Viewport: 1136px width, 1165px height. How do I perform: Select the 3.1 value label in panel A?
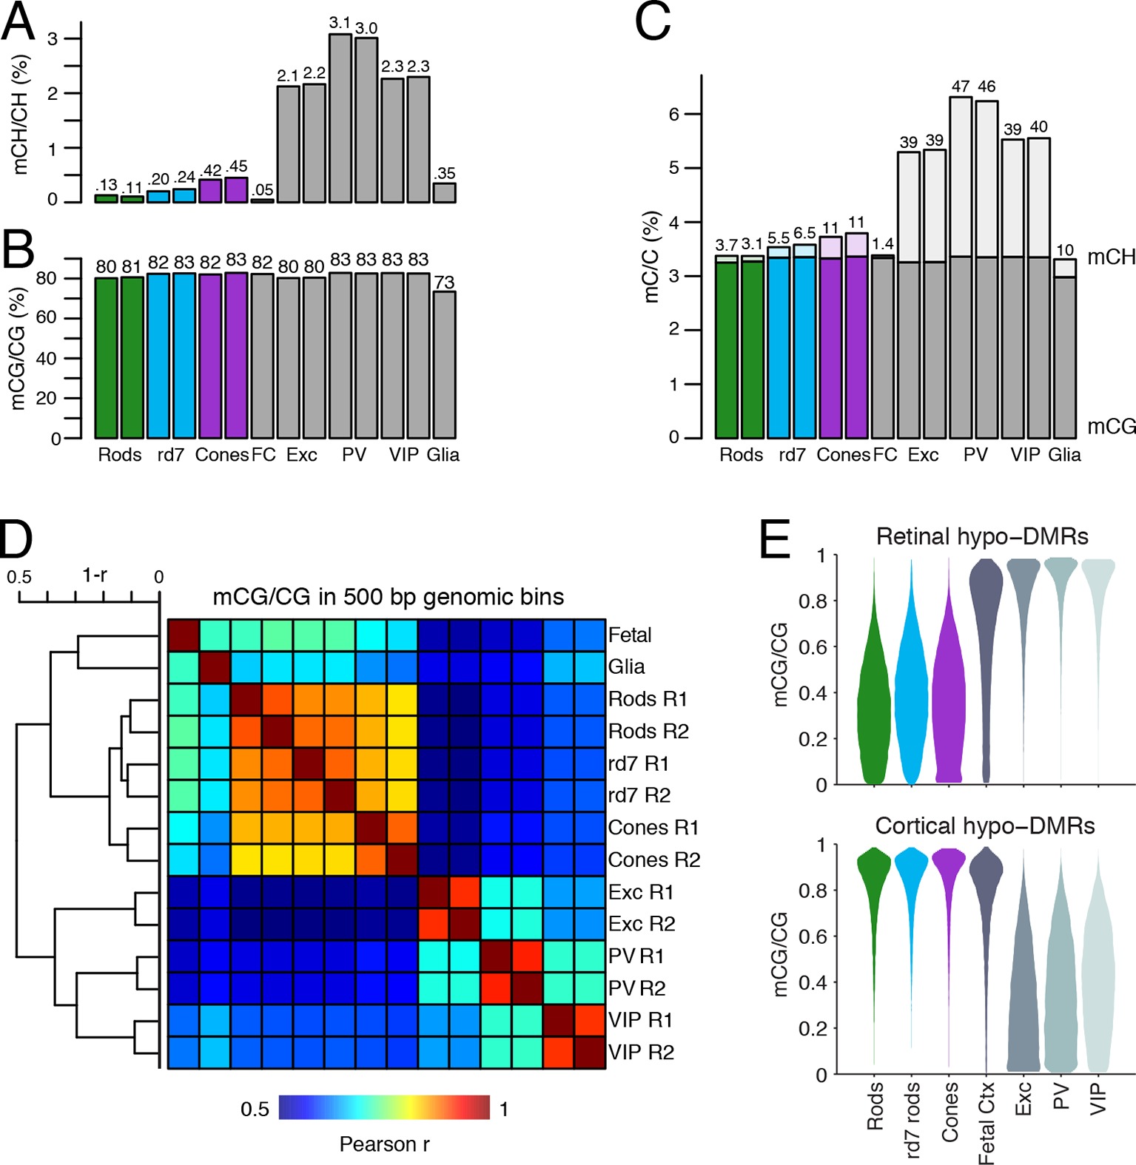(340, 23)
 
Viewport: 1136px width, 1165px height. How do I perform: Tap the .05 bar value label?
(262, 190)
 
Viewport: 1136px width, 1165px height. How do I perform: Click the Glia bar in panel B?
(444, 364)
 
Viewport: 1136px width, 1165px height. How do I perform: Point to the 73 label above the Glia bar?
(444, 282)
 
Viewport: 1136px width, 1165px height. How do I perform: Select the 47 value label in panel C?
(961, 87)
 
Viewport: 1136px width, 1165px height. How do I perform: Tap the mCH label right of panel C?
(1111, 257)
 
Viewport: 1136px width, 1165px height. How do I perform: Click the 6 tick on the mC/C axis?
(674, 114)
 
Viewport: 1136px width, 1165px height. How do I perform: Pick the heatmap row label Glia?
(626, 667)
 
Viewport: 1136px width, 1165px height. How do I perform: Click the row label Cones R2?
(654, 860)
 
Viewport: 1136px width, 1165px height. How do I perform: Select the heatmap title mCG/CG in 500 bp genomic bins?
(388, 597)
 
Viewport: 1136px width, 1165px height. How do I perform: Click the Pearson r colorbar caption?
(384, 1144)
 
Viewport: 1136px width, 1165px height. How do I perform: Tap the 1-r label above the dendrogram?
(95, 575)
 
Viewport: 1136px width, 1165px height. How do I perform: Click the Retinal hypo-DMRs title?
(982, 536)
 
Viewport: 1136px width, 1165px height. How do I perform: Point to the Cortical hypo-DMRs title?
(984, 825)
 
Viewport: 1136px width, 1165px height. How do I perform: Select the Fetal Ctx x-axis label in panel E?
(987, 1123)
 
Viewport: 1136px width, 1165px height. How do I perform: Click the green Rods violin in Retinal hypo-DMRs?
(875, 710)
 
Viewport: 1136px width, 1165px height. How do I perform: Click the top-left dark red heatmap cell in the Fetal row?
(184, 635)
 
